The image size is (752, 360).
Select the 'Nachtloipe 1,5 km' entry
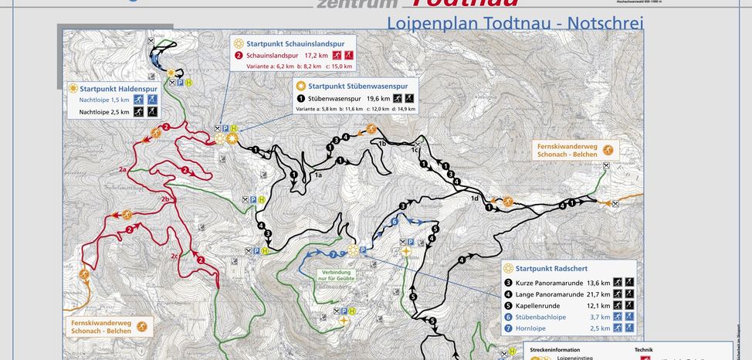tap(104, 100)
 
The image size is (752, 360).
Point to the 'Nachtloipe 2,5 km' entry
tap(104, 112)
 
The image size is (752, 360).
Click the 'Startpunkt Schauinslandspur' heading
tap(295, 44)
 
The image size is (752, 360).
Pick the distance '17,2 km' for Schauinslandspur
tap(317, 56)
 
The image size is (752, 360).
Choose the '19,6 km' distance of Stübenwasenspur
tap(378, 98)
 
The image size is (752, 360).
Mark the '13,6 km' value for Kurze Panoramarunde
tap(598, 283)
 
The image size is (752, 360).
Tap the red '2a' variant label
tap(122, 168)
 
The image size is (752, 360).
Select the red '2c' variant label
tap(174, 256)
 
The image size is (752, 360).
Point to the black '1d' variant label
tap(475, 199)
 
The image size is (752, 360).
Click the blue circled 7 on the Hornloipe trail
tap(333, 253)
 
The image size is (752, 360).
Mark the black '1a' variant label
tap(317, 176)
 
